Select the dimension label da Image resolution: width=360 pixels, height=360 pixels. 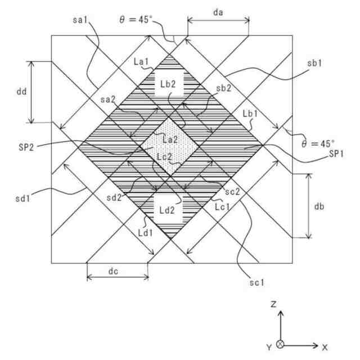coord(218,10)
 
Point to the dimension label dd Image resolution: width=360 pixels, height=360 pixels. coord(21,90)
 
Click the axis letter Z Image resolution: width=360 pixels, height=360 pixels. coord(272,304)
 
